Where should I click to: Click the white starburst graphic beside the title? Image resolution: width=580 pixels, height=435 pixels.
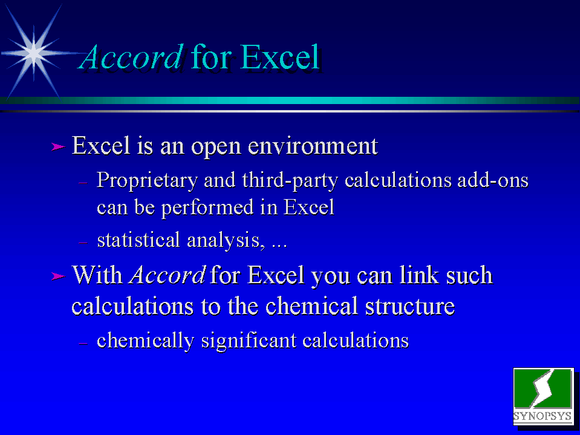pyautogui.click(x=34, y=53)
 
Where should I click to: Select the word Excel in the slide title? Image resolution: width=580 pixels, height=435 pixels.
pyautogui.click(x=280, y=57)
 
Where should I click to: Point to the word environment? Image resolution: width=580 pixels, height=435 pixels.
pyautogui.click(x=313, y=146)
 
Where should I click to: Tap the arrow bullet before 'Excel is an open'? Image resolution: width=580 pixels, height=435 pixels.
pyautogui.click(x=58, y=147)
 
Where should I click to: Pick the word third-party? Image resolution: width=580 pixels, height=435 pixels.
pyautogui.click(x=290, y=181)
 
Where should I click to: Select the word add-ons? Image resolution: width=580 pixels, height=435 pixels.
pyautogui.click(x=493, y=180)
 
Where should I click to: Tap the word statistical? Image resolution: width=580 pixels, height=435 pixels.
pyautogui.click(x=138, y=240)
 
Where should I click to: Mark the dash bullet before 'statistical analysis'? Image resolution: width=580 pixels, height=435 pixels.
pyautogui.click(x=83, y=243)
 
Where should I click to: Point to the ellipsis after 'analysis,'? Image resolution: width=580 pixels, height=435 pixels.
pyautogui.click(x=279, y=246)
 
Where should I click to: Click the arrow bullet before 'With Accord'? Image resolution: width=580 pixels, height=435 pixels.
pyautogui.click(x=58, y=276)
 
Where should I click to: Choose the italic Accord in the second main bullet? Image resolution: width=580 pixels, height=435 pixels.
pyautogui.click(x=167, y=275)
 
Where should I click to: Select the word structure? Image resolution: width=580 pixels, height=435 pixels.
pyautogui.click(x=410, y=306)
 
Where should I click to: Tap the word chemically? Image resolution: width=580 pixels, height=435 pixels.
pyautogui.click(x=145, y=341)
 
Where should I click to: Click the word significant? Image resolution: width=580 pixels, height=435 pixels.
pyautogui.click(x=249, y=341)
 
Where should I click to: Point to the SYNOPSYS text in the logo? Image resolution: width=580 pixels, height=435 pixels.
pyautogui.click(x=543, y=416)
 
